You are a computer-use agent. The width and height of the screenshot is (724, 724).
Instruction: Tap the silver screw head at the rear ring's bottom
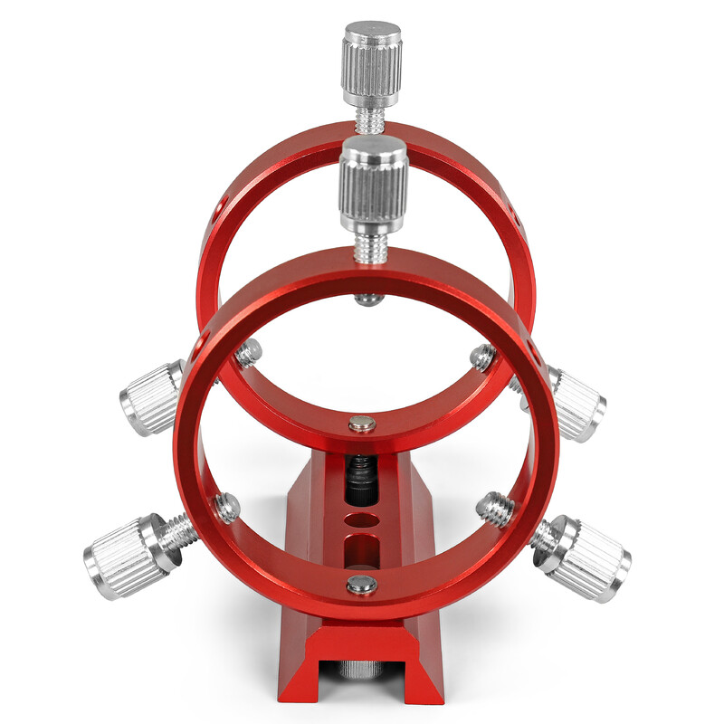pos(362,423)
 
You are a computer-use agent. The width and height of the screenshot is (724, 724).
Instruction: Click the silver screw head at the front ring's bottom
pos(362,586)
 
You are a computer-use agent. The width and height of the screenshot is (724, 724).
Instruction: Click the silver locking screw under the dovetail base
pos(363,669)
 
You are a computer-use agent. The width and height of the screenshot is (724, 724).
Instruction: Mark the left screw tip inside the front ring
pos(225,508)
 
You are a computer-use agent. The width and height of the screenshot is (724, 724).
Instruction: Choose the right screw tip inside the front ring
pos(495,508)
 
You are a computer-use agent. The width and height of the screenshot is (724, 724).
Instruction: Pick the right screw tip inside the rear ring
pos(481,358)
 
